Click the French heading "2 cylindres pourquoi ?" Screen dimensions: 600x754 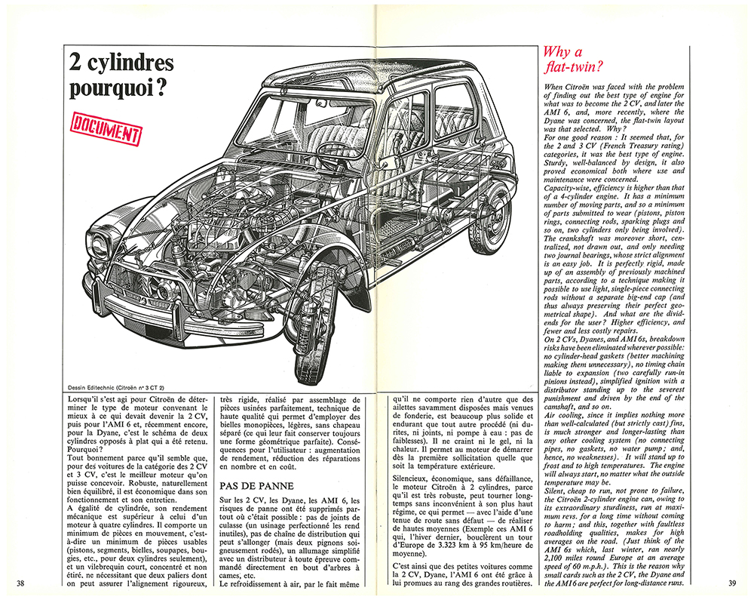(x=121, y=75)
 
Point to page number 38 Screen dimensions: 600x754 (x=21, y=583)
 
